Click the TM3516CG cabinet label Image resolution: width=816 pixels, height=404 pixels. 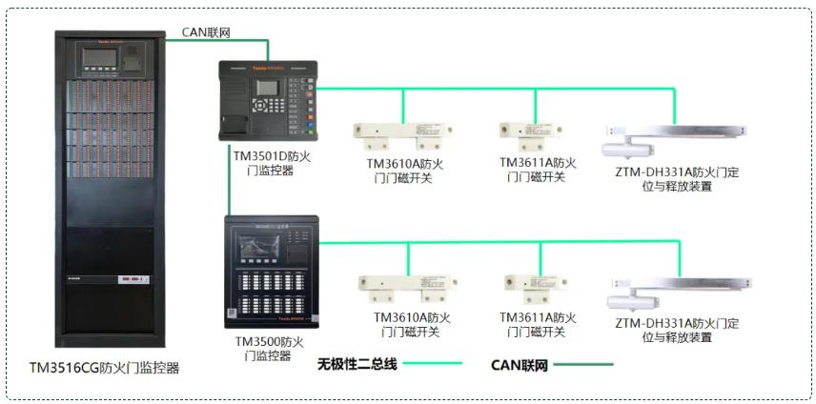[104, 367]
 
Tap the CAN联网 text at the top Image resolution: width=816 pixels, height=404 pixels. [206, 31]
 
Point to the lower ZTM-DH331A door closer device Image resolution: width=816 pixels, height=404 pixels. [676, 291]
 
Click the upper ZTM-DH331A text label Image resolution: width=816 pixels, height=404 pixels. [678, 179]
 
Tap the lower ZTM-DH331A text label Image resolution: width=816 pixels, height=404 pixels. [678, 330]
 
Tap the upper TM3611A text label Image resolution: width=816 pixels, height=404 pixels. [538, 170]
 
